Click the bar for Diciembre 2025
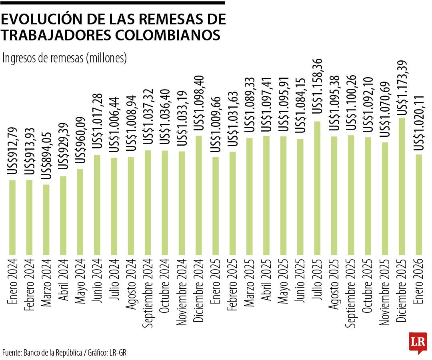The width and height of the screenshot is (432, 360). click(402, 186)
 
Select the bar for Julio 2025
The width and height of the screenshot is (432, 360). click(317, 188)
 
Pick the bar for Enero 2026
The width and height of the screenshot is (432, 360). click(419, 204)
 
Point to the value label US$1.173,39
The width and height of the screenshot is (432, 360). click(402, 87)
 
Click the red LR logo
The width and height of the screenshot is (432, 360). click(418, 342)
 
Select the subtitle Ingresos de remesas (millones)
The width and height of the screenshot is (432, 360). click(65, 58)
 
